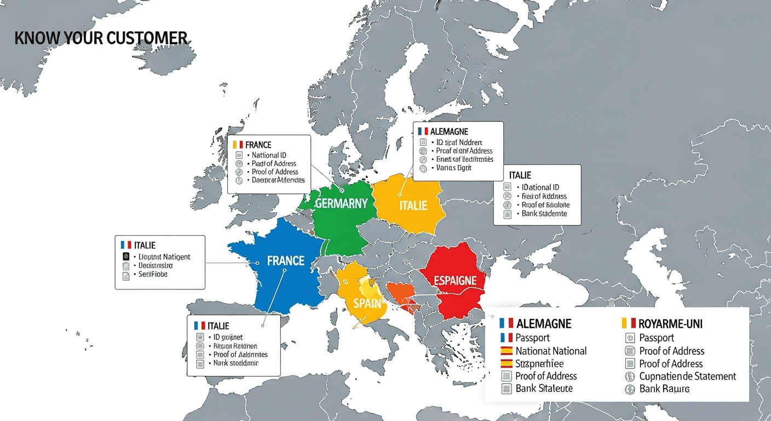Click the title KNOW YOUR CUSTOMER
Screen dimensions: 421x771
click(x=101, y=38)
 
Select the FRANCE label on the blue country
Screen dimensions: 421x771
click(x=285, y=260)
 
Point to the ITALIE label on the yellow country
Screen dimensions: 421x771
click(x=412, y=206)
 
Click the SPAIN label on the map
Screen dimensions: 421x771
click(x=366, y=303)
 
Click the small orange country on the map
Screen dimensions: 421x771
click(x=399, y=293)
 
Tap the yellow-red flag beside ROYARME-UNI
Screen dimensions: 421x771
click(x=628, y=323)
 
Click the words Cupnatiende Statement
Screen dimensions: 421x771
click(x=687, y=376)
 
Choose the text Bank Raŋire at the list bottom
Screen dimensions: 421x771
click(x=664, y=389)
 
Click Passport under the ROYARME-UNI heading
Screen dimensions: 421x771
click(x=657, y=338)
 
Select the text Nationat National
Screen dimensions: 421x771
click(x=551, y=351)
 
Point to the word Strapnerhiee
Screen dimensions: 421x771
click(x=539, y=363)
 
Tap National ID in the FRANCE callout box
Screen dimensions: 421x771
click(x=269, y=155)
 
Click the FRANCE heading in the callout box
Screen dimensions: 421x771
click(x=258, y=145)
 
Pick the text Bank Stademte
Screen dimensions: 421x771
click(x=544, y=214)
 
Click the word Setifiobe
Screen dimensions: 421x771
click(x=153, y=274)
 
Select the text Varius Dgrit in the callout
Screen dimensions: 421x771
click(x=454, y=168)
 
